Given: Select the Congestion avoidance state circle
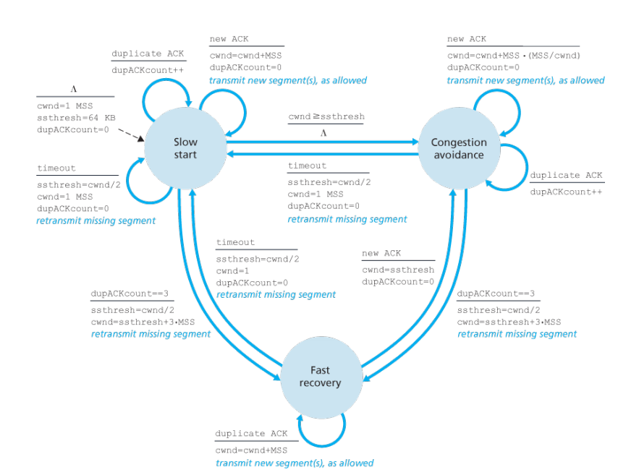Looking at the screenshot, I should (x=458, y=147).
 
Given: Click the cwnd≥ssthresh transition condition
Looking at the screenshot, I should (x=326, y=116).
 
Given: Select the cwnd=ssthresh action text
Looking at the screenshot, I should (x=397, y=269).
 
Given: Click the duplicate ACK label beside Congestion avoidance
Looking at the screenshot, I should (x=566, y=176).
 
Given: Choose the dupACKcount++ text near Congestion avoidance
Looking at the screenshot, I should (x=566, y=192).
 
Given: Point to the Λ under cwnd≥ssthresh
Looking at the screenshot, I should (x=324, y=133).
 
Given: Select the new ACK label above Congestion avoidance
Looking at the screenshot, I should (x=467, y=39).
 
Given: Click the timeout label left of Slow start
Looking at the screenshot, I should (x=56, y=168).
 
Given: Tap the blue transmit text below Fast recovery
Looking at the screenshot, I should (x=294, y=463).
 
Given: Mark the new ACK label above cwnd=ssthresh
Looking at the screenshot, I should (x=381, y=253).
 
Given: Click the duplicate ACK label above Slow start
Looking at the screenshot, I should (x=148, y=54).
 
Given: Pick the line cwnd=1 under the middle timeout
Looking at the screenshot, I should (x=234, y=270).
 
